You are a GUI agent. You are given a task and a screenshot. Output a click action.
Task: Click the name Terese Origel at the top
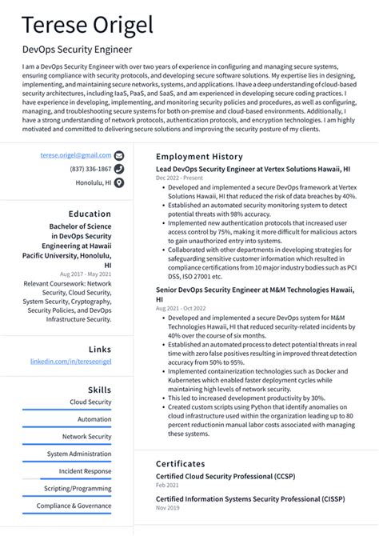[87, 26]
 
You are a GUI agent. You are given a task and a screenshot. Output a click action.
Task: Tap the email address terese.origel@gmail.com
[77, 155]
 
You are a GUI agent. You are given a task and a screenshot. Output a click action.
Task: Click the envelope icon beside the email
[119, 155]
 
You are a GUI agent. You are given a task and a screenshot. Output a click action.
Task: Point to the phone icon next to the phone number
[119, 169]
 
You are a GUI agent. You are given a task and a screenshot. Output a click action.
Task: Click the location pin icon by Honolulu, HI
[119, 182]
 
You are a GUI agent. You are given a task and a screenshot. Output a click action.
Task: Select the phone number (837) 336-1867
[90, 169]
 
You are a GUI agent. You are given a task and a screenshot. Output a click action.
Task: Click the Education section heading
[90, 214]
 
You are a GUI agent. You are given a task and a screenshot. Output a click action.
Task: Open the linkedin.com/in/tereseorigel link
[70, 362]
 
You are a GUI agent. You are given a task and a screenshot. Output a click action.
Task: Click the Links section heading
[100, 349]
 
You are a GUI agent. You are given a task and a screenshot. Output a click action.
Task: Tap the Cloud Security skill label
[90, 402]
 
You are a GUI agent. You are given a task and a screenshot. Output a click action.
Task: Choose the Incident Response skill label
[85, 471]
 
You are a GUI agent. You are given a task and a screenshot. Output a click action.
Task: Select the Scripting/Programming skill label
[78, 488]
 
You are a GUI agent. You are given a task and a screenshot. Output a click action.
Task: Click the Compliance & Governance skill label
[74, 506]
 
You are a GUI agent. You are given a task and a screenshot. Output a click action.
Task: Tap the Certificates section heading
[180, 463]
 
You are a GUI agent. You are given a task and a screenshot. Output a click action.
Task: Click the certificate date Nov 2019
[168, 508]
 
